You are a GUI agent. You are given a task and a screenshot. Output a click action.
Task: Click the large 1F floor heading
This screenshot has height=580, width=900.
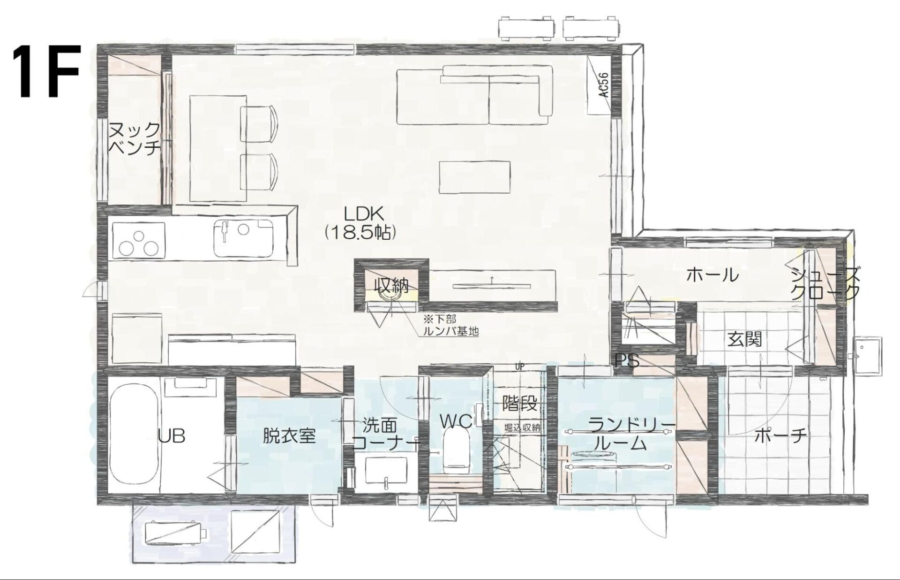[46, 71]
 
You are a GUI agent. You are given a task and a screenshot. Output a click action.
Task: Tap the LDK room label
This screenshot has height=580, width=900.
[364, 214]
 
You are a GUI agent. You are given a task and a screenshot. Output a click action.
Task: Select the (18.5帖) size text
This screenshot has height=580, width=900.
[360, 233]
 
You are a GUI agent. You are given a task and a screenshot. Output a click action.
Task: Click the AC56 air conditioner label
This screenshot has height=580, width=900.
[604, 85]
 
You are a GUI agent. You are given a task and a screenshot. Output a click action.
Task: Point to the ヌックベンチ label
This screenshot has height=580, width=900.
[134, 138]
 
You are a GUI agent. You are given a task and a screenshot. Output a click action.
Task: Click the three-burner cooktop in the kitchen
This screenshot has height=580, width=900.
[138, 240]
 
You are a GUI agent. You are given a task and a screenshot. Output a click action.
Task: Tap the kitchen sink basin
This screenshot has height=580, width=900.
[243, 238]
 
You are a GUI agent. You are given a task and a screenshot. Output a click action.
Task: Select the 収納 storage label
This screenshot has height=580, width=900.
[391, 285]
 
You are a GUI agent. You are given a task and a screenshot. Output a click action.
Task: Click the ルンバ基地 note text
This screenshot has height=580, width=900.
[450, 331]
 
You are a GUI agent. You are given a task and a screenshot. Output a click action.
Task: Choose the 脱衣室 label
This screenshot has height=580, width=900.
[289, 436]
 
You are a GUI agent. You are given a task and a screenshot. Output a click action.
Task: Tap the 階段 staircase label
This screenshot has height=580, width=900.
[519, 403]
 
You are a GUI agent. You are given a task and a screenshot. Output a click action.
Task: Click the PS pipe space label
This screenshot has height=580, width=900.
[627, 360]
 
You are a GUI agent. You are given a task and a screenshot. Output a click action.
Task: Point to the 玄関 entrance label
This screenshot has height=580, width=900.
[744, 339]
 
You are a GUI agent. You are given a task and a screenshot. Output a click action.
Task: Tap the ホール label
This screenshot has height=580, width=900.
[712, 275]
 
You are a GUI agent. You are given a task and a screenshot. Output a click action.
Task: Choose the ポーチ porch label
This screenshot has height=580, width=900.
[780, 436]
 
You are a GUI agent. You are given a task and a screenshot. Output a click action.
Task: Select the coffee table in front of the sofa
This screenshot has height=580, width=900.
[474, 177]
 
